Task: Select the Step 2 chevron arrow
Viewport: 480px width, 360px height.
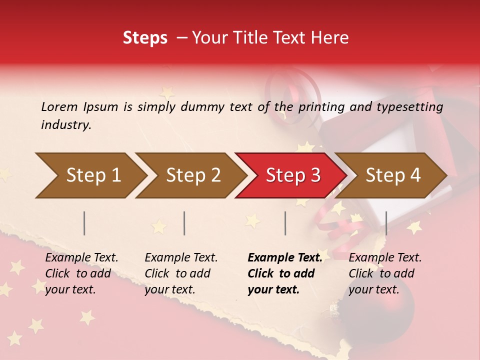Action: (x=190, y=175)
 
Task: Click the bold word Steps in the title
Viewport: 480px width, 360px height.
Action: (x=145, y=38)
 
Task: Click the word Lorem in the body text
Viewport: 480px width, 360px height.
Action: (x=59, y=107)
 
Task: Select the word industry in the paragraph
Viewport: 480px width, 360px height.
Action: (x=66, y=125)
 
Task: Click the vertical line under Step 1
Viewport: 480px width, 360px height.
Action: (x=84, y=223)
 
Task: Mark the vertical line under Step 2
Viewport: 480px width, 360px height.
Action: (x=184, y=223)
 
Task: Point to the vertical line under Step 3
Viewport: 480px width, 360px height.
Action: (x=285, y=223)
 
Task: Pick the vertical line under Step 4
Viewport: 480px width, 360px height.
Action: (x=386, y=223)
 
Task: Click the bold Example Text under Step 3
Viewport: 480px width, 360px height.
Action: (x=285, y=258)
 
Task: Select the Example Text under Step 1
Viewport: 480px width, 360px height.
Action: (x=81, y=258)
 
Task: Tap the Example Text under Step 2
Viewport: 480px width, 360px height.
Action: (x=181, y=258)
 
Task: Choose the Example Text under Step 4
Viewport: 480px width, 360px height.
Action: (x=385, y=258)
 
